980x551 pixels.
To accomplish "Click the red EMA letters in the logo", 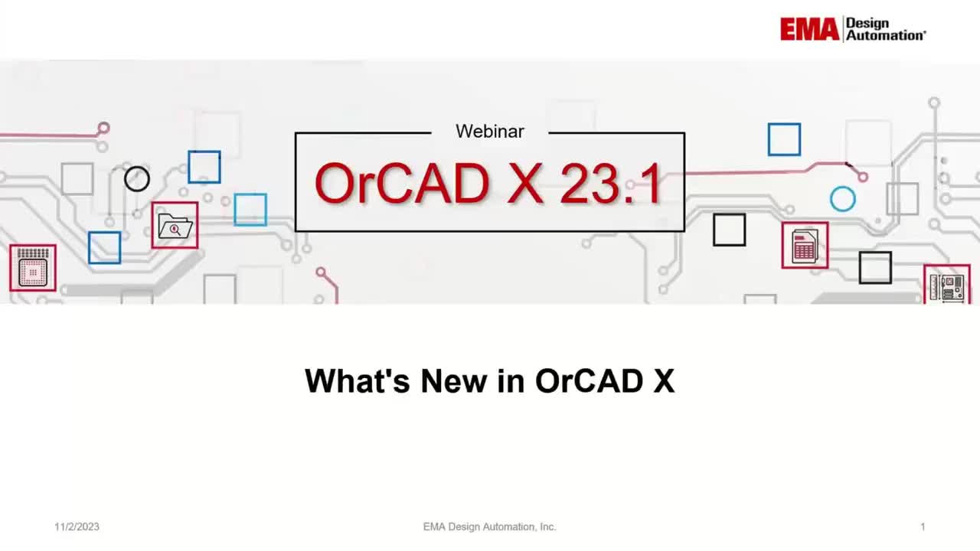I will click(x=810, y=29).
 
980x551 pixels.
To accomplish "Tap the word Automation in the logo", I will click(x=886, y=35).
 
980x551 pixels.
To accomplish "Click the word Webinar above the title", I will click(x=490, y=132).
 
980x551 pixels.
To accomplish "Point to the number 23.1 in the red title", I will click(x=611, y=184).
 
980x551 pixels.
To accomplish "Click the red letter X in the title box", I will click(x=524, y=184).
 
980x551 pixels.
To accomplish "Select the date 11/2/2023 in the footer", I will click(x=77, y=527).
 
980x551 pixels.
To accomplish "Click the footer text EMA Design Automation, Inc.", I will click(x=490, y=527).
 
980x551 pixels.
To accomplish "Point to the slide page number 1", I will click(x=923, y=527).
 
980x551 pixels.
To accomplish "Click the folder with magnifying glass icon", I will click(x=175, y=226).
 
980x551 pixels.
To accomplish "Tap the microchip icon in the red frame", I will click(x=33, y=269).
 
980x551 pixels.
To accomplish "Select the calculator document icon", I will click(x=805, y=246).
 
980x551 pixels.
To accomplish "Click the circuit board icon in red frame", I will click(x=947, y=285).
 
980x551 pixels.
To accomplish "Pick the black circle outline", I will click(x=137, y=179).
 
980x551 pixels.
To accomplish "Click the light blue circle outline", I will click(x=842, y=199).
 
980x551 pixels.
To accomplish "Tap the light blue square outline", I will click(x=250, y=210).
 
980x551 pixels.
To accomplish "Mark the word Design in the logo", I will click(x=867, y=23).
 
